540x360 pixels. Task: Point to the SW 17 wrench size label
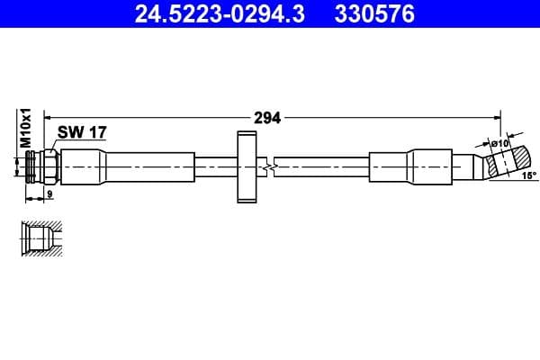point(82,132)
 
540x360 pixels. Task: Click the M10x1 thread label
point(27,128)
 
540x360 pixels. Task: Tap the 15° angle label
point(526,175)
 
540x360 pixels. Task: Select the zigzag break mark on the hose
point(268,167)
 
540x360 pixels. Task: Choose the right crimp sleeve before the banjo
point(409,167)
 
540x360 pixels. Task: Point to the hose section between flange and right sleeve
point(324,167)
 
